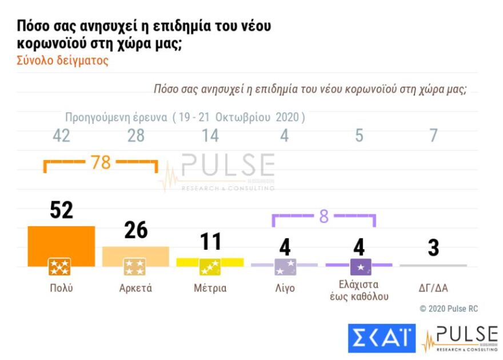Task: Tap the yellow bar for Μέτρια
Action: click(210, 261)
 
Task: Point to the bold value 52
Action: click(61, 210)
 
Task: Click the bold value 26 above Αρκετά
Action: click(135, 230)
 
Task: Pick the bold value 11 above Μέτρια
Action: click(210, 242)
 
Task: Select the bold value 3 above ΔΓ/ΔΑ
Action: click(433, 249)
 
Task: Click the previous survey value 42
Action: click(61, 136)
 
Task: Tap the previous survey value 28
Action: click(135, 136)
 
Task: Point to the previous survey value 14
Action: click(210, 136)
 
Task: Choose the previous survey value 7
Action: click(433, 136)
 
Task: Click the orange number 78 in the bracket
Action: click(101, 163)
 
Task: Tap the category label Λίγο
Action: click(284, 288)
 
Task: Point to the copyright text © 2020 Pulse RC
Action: click(449, 309)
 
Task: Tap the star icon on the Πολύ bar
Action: click(59, 266)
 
